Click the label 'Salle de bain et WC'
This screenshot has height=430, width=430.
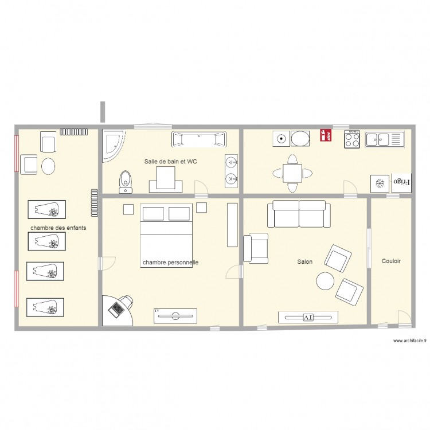(x=170, y=162)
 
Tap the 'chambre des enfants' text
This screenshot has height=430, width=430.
(x=58, y=228)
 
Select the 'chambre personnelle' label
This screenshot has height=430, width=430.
(x=170, y=263)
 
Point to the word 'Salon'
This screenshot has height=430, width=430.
(x=304, y=262)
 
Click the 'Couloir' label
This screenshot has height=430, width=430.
(x=391, y=261)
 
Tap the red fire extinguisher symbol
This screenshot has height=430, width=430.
(x=325, y=135)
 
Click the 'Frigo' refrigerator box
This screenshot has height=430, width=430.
(x=401, y=183)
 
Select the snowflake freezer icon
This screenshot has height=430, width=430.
(x=379, y=183)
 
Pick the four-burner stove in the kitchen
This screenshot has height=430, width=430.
(x=352, y=140)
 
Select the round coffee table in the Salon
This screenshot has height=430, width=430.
(x=325, y=281)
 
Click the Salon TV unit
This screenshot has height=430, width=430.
(x=308, y=316)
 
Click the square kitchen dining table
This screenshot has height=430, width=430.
(x=292, y=172)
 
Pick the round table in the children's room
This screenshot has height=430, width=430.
(x=49, y=166)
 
